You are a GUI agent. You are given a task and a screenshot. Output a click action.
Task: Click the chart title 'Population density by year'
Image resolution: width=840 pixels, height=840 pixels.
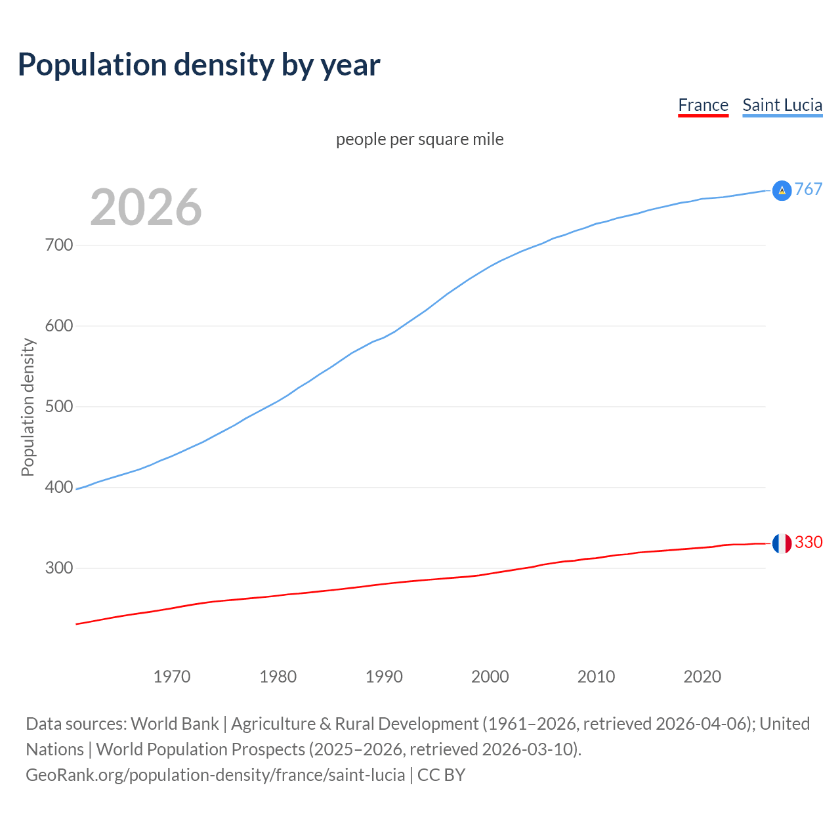(x=199, y=64)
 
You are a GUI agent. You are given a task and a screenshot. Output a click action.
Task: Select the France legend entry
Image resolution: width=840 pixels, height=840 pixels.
(x=703, y=105)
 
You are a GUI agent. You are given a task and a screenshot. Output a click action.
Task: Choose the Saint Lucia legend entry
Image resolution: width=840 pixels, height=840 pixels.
(x=782, y=105)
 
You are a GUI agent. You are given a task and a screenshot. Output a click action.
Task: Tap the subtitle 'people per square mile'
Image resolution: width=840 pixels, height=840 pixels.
(x=420, y=139)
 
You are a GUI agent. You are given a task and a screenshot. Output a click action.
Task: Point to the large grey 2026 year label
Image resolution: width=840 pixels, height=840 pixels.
(x=146, y=207)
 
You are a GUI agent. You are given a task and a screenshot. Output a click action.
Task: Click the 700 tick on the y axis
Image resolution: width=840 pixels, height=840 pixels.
(x=59, y=245)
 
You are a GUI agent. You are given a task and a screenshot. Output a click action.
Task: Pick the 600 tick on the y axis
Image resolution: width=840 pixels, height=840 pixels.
(x=59, y=326)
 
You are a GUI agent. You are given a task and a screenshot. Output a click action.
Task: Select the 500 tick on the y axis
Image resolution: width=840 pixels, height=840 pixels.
(x=59, y=407)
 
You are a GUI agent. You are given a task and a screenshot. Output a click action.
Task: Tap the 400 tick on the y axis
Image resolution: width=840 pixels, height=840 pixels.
(x=59, y=488)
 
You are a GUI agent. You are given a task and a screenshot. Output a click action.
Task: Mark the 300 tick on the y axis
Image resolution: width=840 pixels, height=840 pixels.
(x=59, y=568)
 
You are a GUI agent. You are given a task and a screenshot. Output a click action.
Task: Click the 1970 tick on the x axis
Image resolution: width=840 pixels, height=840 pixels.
(x=172, y=677)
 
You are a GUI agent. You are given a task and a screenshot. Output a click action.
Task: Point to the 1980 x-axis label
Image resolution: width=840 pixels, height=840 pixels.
(x=278, y=677)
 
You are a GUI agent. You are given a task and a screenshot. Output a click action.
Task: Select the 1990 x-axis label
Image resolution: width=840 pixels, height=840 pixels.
(x=384, y=677)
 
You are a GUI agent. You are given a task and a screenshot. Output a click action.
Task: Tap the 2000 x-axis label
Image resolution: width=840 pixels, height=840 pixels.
(x=490, y=677)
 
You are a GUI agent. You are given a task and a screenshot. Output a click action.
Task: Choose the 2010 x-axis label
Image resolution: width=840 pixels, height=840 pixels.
(x=596, y=677)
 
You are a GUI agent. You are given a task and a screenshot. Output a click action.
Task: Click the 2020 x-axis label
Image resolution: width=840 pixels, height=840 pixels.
(x=702, y=677)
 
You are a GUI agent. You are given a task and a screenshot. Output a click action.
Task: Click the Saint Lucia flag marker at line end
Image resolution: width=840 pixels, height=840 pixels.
(x=782, y=190)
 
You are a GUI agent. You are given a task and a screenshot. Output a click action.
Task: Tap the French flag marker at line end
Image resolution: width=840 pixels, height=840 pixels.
(x=782, y=543)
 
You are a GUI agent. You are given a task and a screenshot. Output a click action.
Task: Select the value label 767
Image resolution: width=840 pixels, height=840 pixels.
(x=808, y=190)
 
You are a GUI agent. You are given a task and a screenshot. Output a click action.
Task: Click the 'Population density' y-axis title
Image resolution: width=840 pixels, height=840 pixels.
(x=28, y=407)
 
